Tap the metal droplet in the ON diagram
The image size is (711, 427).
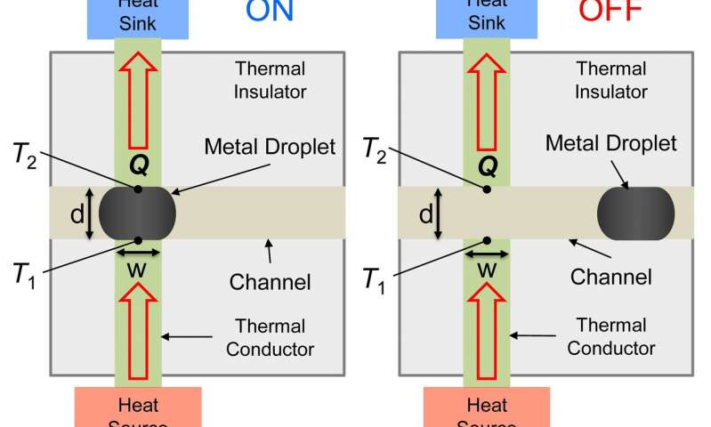[137, 213]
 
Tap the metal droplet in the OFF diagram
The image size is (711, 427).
[635, 213]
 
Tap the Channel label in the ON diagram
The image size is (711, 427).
[271, 283]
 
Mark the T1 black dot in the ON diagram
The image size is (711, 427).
[139, 239]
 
